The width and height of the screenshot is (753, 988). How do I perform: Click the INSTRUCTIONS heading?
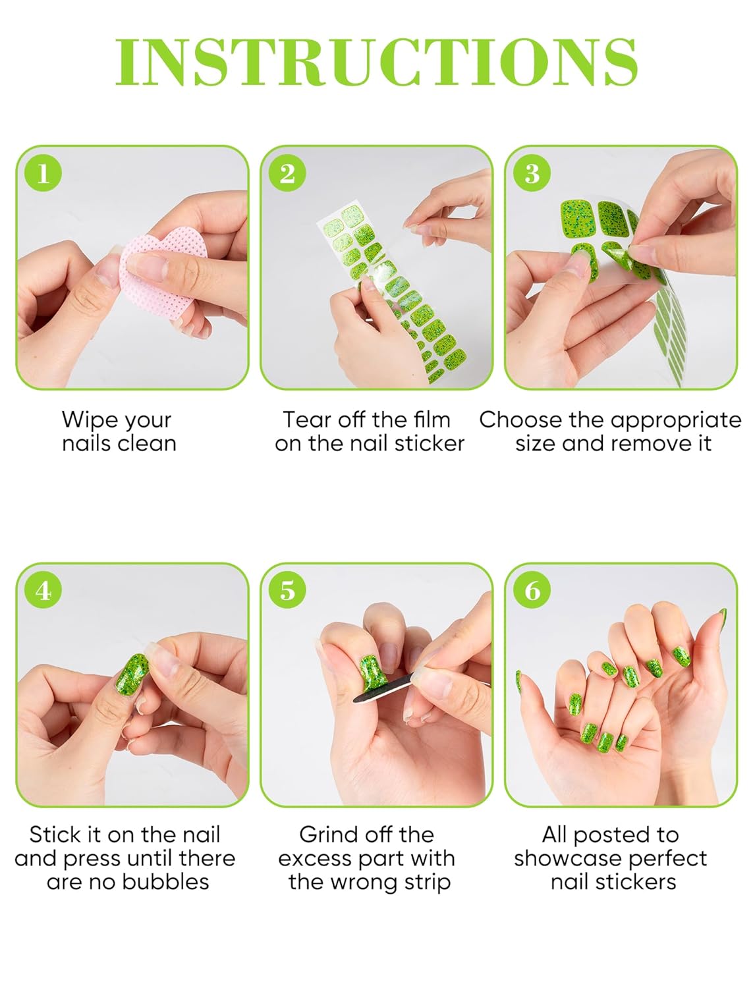(x=376, y=62)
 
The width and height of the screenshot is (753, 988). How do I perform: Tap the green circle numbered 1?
(x=43, y=173)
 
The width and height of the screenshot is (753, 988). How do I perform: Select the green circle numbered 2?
(x=287, y=173)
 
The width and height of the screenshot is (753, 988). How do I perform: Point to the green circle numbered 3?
(x=532, y=173)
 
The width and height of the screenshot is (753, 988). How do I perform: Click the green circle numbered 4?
(x=43, y=590)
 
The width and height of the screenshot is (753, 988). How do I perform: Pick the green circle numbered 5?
(x=287, y=590)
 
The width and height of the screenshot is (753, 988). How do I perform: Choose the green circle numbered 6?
(x=532, y=590)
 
